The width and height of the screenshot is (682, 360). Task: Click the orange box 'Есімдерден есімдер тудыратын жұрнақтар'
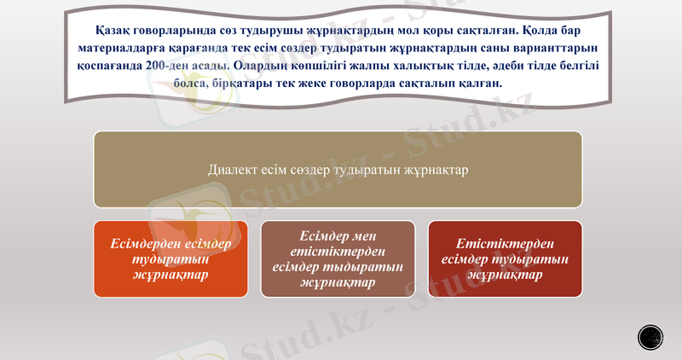[x=170, y=258]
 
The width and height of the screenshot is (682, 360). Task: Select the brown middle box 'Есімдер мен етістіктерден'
[x=338, y=258]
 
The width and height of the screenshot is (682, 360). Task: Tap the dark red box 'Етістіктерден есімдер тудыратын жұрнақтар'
[x=505, y=258]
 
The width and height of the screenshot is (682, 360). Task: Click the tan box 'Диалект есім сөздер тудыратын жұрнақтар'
[x=338, y=170]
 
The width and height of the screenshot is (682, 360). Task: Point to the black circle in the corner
[x=651, y=336]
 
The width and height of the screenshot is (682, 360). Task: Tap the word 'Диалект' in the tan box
[x=233, y=170]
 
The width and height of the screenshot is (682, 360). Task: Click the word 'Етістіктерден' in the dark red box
[x=505, y=243]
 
